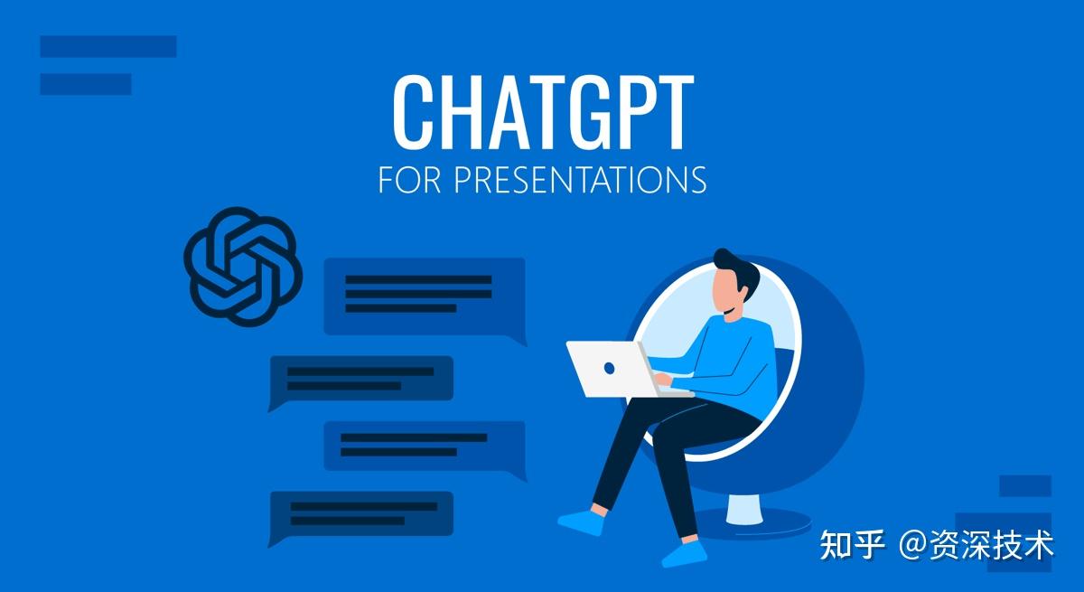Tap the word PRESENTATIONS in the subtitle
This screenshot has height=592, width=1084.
[x=580, y=179]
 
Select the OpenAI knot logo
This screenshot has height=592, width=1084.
[x=242, y=266]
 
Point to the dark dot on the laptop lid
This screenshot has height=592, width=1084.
[x=610, y=368]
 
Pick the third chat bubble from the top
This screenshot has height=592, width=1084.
[x=425, y=446]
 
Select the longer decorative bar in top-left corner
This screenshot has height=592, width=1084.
[x=108, y=46]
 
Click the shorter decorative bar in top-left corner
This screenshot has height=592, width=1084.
[x=86, y=84]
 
